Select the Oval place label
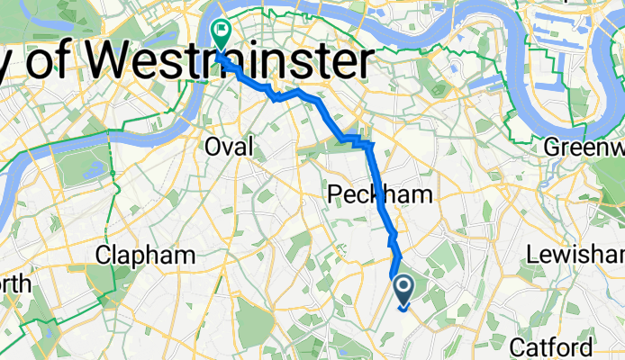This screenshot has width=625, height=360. coord(230,146)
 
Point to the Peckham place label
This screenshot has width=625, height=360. coord(367,195)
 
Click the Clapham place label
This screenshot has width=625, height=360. coord(146,255)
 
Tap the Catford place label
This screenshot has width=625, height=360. coord(551,346)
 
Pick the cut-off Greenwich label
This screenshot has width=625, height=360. coord(585,147)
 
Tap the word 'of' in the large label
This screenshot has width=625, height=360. coord(60,64)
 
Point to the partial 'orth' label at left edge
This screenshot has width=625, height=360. coord(15,284)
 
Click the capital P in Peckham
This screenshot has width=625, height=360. coord(334,195)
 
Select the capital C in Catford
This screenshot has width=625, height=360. coord(517,346)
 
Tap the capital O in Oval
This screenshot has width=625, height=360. coord(213,146)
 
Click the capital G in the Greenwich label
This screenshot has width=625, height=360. coord(554,147)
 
